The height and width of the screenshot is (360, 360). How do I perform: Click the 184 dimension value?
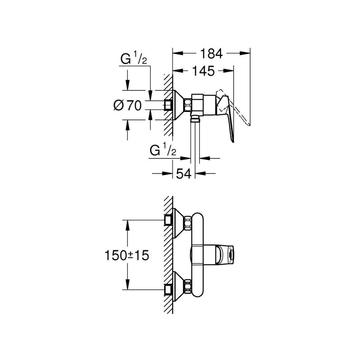coord(212,53)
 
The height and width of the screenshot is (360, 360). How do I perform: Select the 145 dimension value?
coord(203,71)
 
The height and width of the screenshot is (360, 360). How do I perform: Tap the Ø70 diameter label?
coord(127,105)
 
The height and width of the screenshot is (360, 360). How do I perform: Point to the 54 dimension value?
coord(184,174)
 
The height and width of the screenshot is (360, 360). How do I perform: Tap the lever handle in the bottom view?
coord(226,254)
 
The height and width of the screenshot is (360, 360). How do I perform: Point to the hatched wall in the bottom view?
coord(168,254)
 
